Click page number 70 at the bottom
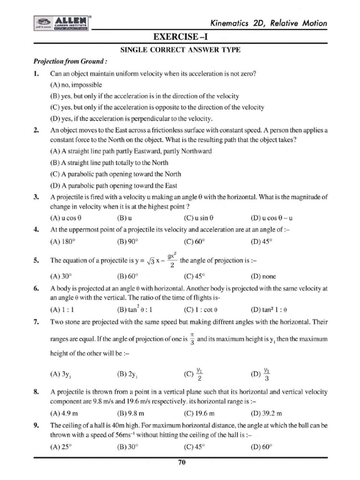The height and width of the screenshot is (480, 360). [x=182, y=463]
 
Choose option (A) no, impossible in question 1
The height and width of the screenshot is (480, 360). [x=75, y=85]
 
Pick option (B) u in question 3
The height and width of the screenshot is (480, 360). [x=124, y=218]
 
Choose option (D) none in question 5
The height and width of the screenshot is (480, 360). [x=263, y=276]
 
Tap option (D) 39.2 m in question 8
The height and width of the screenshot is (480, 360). [x=267, y=413]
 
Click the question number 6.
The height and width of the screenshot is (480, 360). [x=36, y=288]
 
